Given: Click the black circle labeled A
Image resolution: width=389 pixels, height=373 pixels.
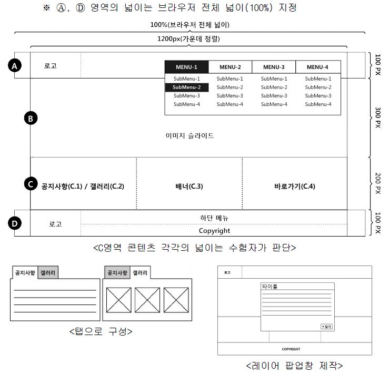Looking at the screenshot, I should tap(15, 66).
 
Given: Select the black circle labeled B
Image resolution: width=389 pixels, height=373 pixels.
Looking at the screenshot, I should tap(31, 119).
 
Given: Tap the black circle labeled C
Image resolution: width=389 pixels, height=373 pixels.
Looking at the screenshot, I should tap(31, 184).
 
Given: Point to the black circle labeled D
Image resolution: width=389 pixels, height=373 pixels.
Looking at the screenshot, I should tap(15, 223).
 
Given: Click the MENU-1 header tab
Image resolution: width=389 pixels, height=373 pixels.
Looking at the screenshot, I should tap(186, 67).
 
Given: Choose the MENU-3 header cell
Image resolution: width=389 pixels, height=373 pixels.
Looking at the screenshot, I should tap(274, 67).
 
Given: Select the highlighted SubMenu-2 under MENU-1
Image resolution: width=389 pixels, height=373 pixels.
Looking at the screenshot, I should tap(186, 87).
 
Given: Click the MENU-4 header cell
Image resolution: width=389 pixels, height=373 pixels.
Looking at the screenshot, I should tap(318, 67).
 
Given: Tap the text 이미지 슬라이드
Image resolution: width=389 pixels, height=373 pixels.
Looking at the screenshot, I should tap(189, 136).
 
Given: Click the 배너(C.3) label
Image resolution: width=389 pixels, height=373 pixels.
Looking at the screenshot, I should tap(189, 186).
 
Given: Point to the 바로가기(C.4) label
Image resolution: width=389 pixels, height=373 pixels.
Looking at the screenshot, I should tap(295, 186).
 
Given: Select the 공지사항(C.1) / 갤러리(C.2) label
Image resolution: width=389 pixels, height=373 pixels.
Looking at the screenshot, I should tap(83, 186).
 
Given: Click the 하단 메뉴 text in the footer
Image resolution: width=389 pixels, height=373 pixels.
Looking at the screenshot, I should tap(214, 217).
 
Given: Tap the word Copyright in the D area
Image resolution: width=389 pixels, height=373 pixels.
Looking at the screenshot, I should tap(214, 230).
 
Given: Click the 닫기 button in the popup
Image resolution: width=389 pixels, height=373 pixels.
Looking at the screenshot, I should tap(326, 327).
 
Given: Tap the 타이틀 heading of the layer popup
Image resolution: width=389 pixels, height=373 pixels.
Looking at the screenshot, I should tap(270, 287).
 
